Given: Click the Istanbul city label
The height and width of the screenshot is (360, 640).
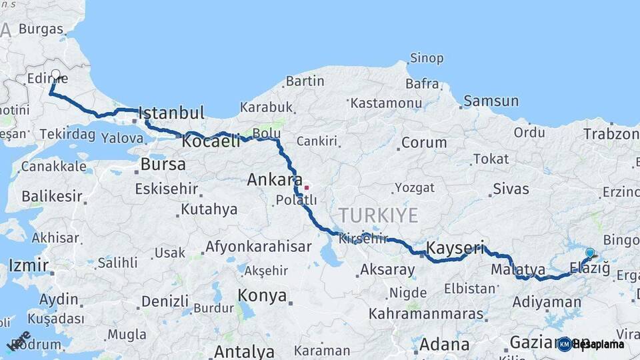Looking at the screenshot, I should [x=171, y=112].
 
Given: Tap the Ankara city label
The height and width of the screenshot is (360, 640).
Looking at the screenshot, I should [x=271, y=180].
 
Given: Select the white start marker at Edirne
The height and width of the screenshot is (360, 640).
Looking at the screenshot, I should [x=55, y=75].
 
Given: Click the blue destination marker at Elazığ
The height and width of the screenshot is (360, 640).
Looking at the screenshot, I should [x=590, y=253].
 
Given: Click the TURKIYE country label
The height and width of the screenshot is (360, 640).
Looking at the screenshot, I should [x=378, y=215].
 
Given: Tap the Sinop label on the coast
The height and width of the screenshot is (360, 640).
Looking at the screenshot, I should [x=427, y=59].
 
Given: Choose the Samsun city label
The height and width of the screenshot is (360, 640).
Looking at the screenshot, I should [x=491, y=101].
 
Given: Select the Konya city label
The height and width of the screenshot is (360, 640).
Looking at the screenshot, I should [x=263, y=295].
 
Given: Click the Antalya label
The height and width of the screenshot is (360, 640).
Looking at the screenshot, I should [x=245, y=351].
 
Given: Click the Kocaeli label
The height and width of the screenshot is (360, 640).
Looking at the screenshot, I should [x=211, y=142].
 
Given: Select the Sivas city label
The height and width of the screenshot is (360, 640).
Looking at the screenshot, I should [x=511, y=189].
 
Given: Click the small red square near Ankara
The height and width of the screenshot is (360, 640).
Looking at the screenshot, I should [x=306, y=187].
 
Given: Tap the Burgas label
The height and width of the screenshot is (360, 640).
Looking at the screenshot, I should [x=41, y=29].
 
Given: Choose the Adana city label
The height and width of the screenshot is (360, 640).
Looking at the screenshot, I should [x=444, y=345].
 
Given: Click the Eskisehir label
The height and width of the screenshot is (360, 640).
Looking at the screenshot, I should [x=167, y=189].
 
